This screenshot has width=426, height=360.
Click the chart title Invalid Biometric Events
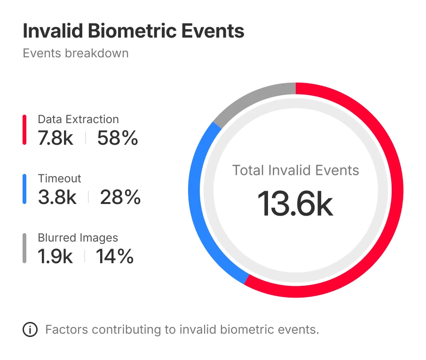coord(134,31)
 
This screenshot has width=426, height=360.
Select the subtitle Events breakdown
coord(75,53)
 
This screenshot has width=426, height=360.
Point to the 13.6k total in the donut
coord(295,204)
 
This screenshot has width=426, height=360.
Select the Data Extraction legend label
coord(78,119)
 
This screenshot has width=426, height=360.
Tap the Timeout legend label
coord(59,179)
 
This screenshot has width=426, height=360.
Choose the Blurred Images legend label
coord(78,238)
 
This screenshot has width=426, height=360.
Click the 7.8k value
coord(55,138)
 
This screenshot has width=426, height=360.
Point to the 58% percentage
coord(118,138)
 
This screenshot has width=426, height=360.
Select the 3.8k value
coord(57,197)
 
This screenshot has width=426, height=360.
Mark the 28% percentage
coord(120,197)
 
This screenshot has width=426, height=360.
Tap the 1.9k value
coord(55,257)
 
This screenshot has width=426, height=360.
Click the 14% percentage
coord(115,257)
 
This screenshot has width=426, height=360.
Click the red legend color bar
coord(24,130)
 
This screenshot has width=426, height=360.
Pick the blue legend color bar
coord(24,189)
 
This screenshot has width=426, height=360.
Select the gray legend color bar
coord(24,248)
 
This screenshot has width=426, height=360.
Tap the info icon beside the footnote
coord(30,330)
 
